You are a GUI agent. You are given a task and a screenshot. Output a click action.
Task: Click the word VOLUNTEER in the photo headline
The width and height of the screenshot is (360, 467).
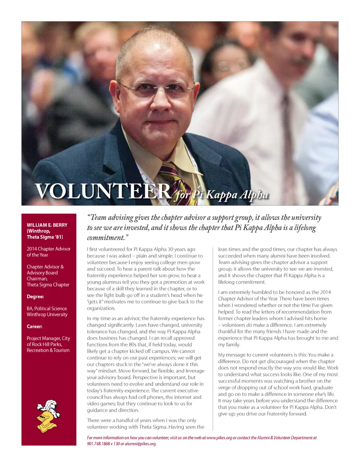pyautogui.click(x=103, y=191)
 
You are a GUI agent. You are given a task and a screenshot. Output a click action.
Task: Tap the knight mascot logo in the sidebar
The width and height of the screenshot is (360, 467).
pyautogui.click(x=48, y=416)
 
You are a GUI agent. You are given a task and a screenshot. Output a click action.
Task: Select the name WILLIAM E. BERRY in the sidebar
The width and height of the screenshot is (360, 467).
pyautogui.click(x=47, y=225)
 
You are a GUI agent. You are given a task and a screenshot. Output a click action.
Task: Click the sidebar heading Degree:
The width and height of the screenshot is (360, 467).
pyautogui.click(x=35, y=297)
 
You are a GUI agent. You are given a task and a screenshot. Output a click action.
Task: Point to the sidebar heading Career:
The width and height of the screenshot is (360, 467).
pyautogui.click(x=34, y=326)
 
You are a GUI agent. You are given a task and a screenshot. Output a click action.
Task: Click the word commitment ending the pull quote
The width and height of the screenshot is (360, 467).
pyautogui.click(x=105, y=238)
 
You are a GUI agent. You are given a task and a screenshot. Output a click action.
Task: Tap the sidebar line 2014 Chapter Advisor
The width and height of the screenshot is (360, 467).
pyautogui.click(x=49, y=249)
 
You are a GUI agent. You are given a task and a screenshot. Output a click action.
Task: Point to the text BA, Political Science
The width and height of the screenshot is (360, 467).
pyautogui.click(x=47, y=309)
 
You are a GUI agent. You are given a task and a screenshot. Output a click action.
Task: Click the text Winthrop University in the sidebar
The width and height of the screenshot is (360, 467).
pyautogui.click(x=47, y=314)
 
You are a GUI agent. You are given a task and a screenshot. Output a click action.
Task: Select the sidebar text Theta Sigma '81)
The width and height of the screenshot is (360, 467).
pyautogui.click(x=45, y=237)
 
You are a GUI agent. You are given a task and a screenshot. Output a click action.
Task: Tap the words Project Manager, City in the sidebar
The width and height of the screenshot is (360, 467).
pyautogui.click(x=49, y=338)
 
